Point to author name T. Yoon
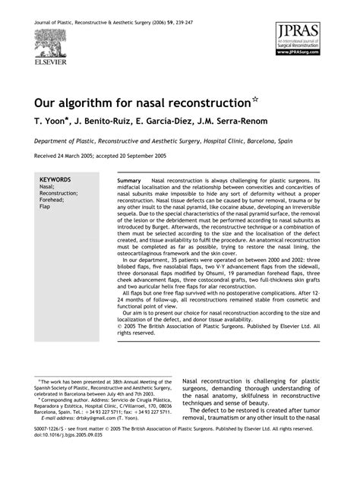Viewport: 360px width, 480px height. point(52,120)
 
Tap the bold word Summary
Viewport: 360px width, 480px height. point(130,180)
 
